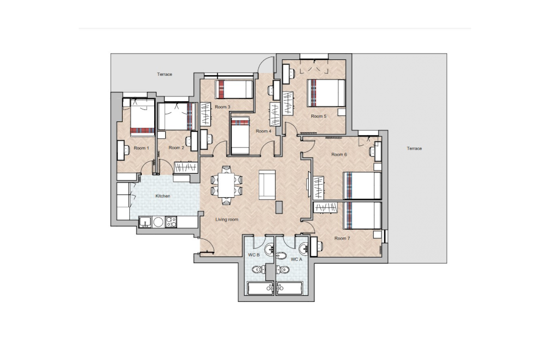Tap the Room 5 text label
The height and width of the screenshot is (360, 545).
pos(318,116)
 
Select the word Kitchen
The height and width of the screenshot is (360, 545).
pos(163,196)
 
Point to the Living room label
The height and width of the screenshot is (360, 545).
pos(226,219)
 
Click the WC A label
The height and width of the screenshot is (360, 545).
pos(296,259)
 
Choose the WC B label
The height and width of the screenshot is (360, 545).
pos(254,255)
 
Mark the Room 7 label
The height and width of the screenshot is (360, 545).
pos(342,239)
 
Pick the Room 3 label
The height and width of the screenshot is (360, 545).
pos(222,107)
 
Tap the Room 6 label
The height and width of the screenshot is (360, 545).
pos(339,155)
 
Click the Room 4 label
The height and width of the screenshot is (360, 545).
pos(263,131)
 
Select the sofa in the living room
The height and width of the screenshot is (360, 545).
pos(267,184)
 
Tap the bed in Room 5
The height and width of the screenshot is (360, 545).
pos(326,93)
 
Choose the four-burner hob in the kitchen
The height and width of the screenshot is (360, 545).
pos(171,222)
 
